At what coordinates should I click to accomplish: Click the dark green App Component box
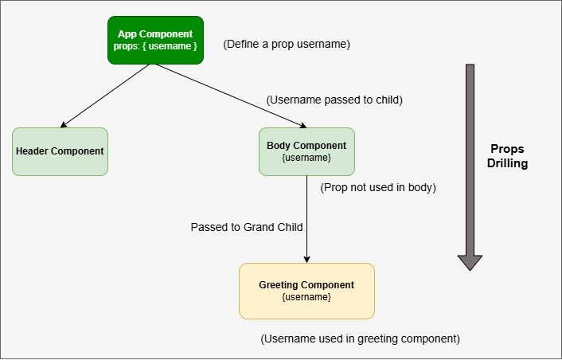tap(155, 40)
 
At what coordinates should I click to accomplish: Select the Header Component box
tap(60, 151)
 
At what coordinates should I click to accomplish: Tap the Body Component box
tap(306, 151)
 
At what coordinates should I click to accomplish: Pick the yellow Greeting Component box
tap(306, 291)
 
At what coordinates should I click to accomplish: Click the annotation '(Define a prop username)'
tap(287, 44)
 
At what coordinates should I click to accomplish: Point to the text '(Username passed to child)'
tap(334, 100)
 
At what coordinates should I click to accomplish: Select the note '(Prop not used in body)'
tap(378, 188)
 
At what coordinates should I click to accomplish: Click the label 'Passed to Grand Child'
tap(247, 227)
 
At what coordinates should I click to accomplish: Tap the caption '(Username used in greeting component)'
tap(360, 338)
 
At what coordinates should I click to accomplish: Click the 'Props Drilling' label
tap(509, 156)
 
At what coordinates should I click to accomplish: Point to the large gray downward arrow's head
tap(470, 261)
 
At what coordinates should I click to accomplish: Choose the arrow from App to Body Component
tap(231, 96)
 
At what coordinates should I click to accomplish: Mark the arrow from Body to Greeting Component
tap(306, 219)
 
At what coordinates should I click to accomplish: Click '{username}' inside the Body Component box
tap(306, 158)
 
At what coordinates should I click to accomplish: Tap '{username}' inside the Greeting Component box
tap(306, 297)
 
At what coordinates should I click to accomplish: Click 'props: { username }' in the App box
tap(155, 47)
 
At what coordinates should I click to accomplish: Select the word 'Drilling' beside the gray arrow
tap(509, 163)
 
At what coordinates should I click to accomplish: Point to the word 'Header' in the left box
tap(33, 151)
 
